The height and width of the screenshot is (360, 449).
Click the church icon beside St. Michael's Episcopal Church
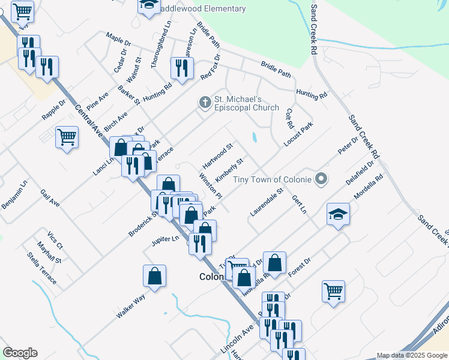click(205, 103)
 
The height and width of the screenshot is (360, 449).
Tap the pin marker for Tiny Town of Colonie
click(322, 179)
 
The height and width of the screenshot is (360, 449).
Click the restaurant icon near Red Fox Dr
click(179, 68)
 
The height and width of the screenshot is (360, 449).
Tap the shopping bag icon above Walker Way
click(154, 276)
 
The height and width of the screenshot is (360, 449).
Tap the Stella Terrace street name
click(41, 268)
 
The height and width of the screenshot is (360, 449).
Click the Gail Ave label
click(50, 198)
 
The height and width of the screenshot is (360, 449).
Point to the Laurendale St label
click(266, 203)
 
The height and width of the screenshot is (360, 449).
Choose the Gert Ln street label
click(299, 205)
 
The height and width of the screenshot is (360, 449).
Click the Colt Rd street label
click(289, 118)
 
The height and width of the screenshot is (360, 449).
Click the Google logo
click(20, 353)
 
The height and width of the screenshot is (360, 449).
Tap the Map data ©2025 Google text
click(412, 355)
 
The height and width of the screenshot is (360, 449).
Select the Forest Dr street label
click(299, 269)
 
